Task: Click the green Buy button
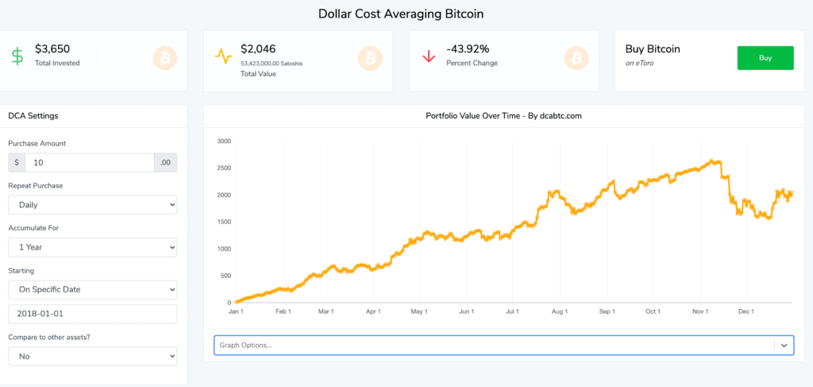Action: point(765,57)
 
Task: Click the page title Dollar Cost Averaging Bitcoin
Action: point(400,14)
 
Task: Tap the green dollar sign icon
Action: point(17,56)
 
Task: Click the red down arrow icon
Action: point(428,56)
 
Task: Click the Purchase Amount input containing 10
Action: point(89,162)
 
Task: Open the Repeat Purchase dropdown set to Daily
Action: point(92,204)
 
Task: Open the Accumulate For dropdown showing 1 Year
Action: point(92,247)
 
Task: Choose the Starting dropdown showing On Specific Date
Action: point(92,289)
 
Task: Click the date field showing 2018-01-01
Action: point(92,314)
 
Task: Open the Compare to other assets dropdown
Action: point(92,356)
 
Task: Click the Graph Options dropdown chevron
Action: point(784,346)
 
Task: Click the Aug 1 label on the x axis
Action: point(561,312)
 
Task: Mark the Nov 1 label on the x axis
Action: point(699,312)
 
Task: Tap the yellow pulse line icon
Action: point(223,56)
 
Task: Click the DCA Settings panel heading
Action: point(33,116)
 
